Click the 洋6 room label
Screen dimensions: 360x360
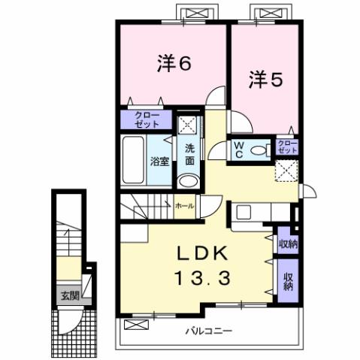174,65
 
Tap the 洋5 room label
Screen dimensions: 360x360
265,77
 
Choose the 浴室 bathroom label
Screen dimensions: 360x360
159,161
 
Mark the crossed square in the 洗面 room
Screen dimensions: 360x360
187,124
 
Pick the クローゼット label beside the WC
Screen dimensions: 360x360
286,146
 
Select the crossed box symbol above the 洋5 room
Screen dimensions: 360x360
266,14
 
